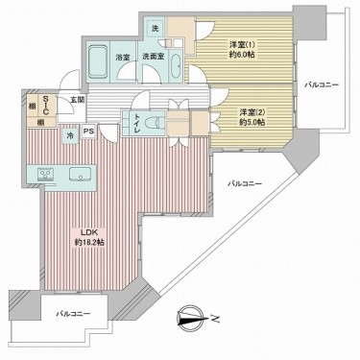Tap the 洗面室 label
(155, 58)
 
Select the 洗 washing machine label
(156, 29)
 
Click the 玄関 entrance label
(77, 100)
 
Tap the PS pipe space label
(88, 132)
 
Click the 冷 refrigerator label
(69, 137)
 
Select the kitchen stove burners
(45, 173)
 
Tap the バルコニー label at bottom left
(73, 314)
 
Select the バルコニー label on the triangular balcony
(247, 181)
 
